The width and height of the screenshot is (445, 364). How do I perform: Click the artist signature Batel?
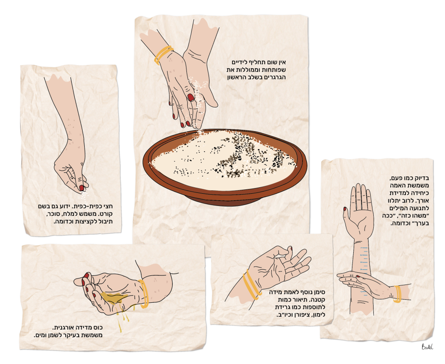point(427,347)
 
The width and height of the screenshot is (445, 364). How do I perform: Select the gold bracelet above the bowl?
point(163,54)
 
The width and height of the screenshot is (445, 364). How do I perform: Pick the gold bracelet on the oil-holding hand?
point(144,294)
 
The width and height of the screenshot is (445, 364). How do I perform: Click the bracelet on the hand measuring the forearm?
point(397,294)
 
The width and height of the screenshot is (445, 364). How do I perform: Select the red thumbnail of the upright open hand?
point(345,209)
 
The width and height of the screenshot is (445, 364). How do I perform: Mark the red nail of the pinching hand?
point(81,188)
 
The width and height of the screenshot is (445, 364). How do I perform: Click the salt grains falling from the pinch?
point(84,195)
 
